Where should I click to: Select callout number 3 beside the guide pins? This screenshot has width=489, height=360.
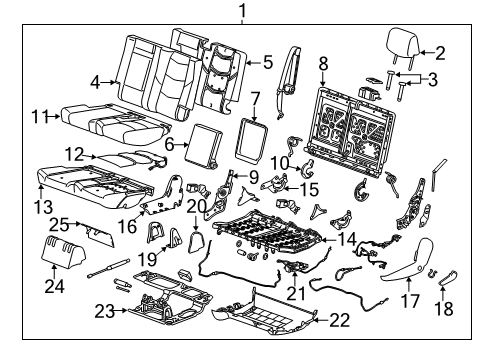pyautogui.click(x=431, y=81)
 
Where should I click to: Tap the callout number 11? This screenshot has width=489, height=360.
pyautogui.click(x=38, y=116)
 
